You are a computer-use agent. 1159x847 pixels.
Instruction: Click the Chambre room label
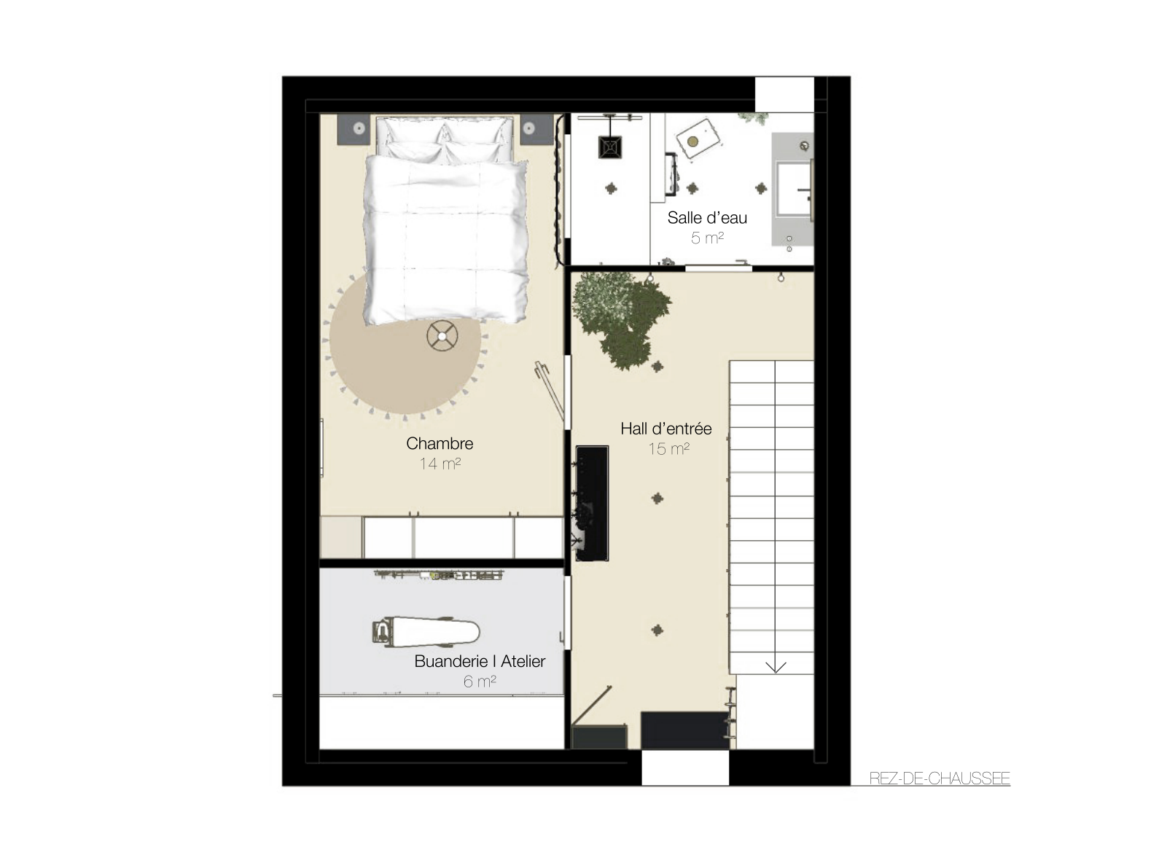click(x=440, y=443)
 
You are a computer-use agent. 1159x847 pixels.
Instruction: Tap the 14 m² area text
click(x=440, y=464)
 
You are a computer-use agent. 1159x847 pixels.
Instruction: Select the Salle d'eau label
click(x=707, y=218)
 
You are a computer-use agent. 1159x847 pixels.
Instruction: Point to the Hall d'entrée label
click(x=666, y=429)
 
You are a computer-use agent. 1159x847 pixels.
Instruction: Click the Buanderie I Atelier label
click(x=480, y=661)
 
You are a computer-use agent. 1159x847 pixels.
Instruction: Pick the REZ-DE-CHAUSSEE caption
click(x=939, y=778)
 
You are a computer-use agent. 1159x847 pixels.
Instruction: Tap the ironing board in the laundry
click(x=425, y=631)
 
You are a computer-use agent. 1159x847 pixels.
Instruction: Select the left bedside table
click(x=354, y=129)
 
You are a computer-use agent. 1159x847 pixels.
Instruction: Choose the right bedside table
click(x=536, y=129)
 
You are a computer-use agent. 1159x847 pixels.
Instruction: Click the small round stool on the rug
click(x=442, y=336)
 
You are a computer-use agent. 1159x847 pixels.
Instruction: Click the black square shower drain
click(x=611, y=147)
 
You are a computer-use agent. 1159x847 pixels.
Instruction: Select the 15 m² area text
click(x=668, y=448)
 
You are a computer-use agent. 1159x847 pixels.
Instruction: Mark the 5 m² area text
click(x=707, y=238)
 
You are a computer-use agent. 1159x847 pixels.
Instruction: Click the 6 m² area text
click(x=480, y=682)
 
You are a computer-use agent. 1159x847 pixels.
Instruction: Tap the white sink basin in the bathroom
click(x=792, y=189)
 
